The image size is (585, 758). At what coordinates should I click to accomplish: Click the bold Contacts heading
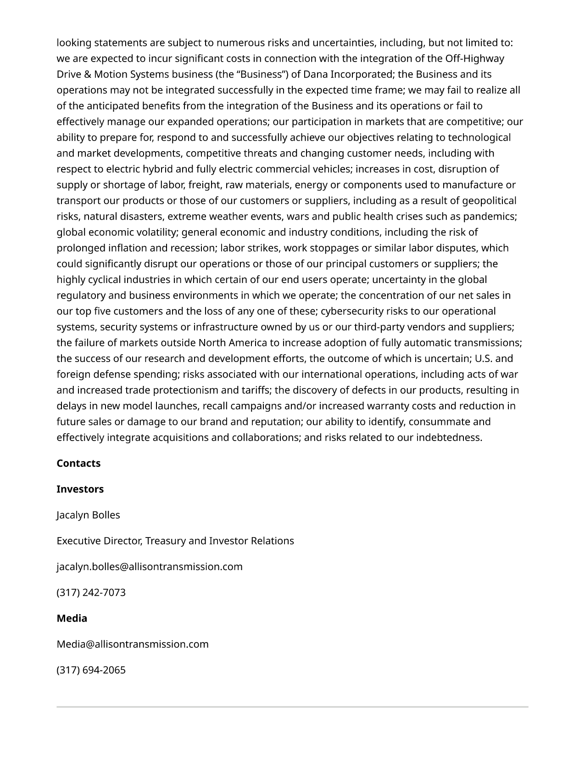coord(78,463)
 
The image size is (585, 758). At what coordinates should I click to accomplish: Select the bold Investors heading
coord(80,489)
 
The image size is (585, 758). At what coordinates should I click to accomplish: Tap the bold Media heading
coord(72,618)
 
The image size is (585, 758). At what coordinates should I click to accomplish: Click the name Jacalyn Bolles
coord(88,515)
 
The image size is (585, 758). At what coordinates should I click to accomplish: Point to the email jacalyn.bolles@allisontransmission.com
coord(150,566)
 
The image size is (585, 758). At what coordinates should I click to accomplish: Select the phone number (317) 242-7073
coord(91,592)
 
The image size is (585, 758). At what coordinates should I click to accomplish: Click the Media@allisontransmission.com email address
coord(133,644)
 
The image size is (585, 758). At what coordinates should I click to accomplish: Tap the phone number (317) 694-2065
coord(91,670)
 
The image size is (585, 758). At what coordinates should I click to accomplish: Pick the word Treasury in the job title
coord(165,541)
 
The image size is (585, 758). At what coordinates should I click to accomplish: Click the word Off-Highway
coord(474,58)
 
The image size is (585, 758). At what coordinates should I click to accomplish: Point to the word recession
coord(193,248)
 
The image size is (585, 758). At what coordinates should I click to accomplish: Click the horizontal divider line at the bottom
coord(292,707)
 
